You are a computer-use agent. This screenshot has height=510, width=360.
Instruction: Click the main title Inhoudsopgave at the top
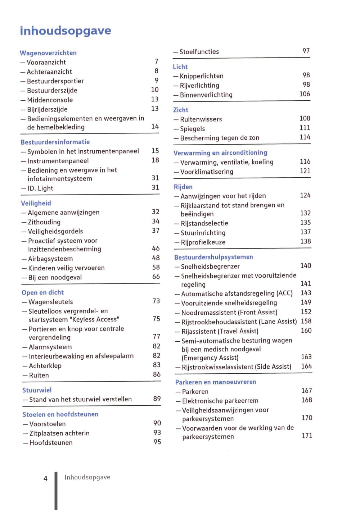click(x=66, y=31)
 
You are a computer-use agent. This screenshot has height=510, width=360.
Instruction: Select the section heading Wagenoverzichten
click(x=48, y=53)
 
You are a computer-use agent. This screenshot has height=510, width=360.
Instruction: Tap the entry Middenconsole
click(x=50, y=100)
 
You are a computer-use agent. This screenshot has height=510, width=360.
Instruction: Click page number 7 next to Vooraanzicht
click(x=156, y=62)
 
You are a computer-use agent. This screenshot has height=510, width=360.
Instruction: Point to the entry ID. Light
click(x=40, y=188)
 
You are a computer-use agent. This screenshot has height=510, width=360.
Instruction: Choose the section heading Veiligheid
click(x=36, y=203)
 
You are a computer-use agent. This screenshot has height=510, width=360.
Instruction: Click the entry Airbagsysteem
click(x=50, y=259)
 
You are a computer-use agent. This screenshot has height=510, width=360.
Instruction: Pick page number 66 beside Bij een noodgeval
click(x=156, y=277)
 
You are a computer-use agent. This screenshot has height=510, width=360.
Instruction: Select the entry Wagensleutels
click(x=51, y=302)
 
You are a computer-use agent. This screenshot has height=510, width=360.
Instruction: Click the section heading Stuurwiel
click(x=37, y=390)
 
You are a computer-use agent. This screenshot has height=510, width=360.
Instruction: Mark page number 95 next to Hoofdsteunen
click(x=157, y=442)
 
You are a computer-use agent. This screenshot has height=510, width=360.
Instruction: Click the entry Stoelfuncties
click(x=199, y=52)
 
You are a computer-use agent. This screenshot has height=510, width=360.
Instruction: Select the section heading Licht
click(x=180, y=67)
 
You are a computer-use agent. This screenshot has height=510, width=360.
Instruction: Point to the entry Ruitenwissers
click(x=201, y=119)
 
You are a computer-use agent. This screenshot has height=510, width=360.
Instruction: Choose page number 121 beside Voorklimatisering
click(x=305, y=171)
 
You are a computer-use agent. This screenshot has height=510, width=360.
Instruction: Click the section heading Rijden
click(x=183, y=187)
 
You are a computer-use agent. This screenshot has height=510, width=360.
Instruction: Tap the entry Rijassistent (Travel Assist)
click(x=220, y=331)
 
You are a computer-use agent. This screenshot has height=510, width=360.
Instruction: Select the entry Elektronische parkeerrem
click(x=220, y=401)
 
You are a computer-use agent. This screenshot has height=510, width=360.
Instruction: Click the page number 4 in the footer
click(x=45, y=479)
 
